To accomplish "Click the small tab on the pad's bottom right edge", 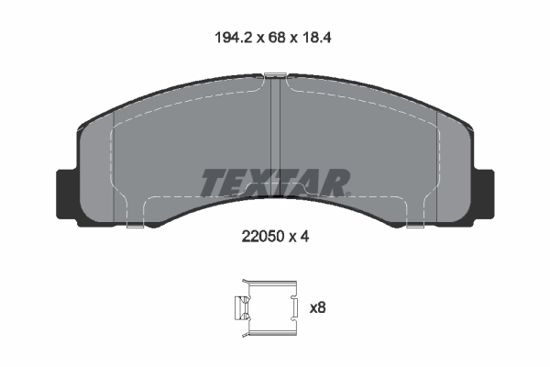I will click(x=416, y=224).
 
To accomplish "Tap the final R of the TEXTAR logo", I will click(x=335, y=182).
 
